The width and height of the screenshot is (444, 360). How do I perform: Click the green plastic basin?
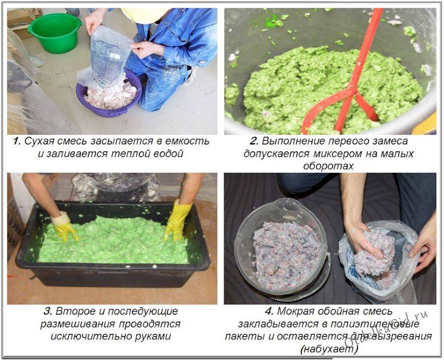click(x=54, y=33)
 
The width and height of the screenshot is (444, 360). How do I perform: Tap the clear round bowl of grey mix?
click(x=282, y=249)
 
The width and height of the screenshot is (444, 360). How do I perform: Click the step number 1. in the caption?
click(x=17, y=141)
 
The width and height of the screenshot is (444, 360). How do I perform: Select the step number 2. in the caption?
click(x=254, y=141)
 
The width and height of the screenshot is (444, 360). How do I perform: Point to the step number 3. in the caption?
click(x=48, y=311)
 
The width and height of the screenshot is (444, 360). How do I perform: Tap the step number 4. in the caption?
click(x=269, y=311)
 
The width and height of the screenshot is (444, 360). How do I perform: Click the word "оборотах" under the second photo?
click(x=328, y=166)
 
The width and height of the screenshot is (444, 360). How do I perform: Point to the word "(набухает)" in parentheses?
click(x=329, y=349)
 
